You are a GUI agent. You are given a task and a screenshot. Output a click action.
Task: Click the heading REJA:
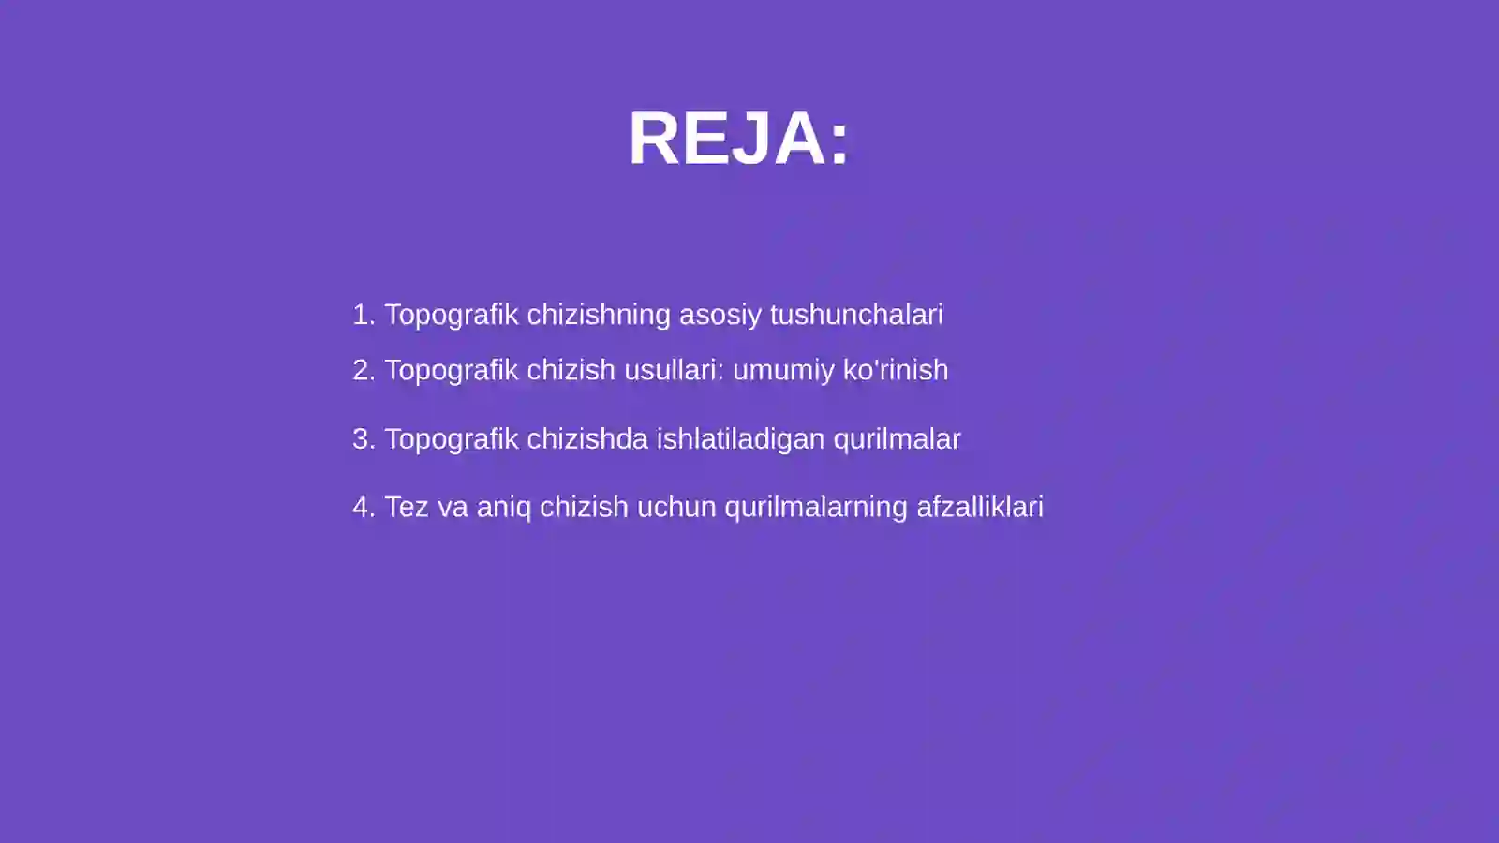point(739,139)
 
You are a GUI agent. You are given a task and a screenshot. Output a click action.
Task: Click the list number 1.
point(363,315)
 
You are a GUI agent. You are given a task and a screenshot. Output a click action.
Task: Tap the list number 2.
point(363,370)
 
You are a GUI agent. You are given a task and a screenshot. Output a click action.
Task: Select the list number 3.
point(363,439)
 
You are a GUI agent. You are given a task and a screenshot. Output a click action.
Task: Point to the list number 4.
point(363,507)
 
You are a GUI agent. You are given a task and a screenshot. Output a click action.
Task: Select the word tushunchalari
point(856,315)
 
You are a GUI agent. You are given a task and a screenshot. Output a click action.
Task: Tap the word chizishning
point(599,315)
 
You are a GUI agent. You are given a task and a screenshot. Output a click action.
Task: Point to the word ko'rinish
point(896,370)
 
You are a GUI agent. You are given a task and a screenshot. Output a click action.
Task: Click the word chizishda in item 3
point(587,439)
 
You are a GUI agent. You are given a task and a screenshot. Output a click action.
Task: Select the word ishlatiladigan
point(740,439)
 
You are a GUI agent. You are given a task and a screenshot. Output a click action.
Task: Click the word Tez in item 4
point(407,507)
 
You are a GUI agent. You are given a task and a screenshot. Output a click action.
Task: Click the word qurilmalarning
point(816,507)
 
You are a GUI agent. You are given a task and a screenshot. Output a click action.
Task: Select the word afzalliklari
point(979,507)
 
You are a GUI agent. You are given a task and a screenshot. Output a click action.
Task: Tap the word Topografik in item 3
point(452,439)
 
